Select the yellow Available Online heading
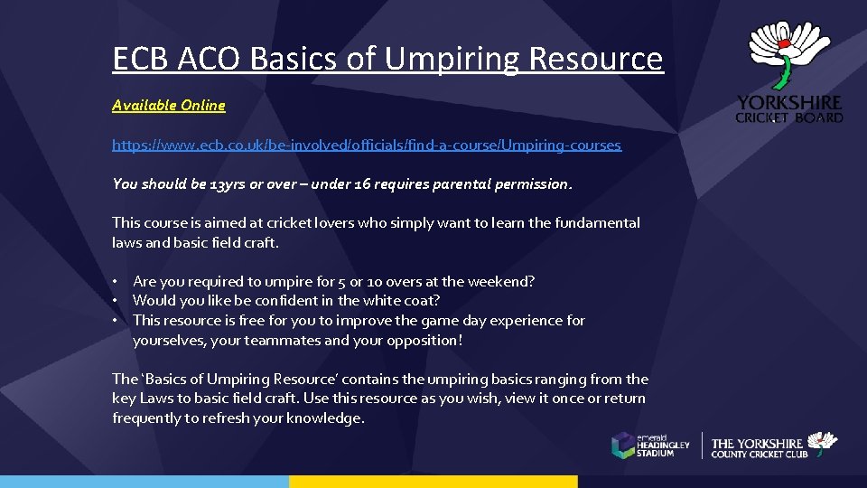pyautogui.click(x=169, y=106)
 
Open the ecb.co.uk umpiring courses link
pyautogui.click(x=367, y=145)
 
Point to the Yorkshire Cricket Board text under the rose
pyautogui.click(x=789, y=109)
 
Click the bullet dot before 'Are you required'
pyautogui.click(x=117, y=281)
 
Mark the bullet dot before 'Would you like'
pyautogui.click(x=117, y=301)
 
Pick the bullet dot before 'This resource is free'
pyautogui.click(x=117, y=321)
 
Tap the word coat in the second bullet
pyautogui.click(x=421, y=301)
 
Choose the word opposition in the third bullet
pyautogui.click(x=428, y=341)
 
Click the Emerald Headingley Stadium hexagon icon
pyautogui.click(x=623, y=445)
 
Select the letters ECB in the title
pyautogui.click(x=141, y=60)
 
